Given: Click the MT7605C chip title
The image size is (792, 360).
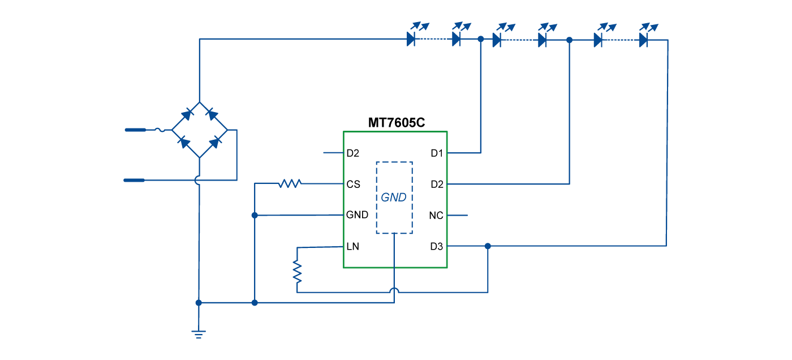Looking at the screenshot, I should tap(396, 122).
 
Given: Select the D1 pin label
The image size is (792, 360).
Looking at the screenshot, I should tap(437, 153).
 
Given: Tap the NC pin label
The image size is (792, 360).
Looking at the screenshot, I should tap(436, 216).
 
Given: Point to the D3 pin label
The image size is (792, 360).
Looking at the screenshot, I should tap(437, 246).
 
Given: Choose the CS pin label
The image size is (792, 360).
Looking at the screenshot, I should tap(353, 185).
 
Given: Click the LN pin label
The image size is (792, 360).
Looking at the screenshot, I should tap(352, 247).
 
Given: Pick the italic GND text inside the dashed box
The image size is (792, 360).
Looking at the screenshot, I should tap(394, 198).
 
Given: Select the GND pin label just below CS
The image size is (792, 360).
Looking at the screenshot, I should tap(357, 215).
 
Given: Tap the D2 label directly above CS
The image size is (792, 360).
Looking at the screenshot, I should tap(352, 153).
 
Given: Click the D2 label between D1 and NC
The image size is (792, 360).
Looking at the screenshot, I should tap(437, 185).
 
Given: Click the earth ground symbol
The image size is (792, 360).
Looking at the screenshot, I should tap(199, 334).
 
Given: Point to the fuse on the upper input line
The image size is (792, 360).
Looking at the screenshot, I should tap(160, 130).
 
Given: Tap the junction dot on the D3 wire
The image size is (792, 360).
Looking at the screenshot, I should tap(488, 246).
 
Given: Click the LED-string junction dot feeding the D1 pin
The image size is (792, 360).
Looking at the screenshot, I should tap(481, 40).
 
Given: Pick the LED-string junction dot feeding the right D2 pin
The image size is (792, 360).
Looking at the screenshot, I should tap(570, 40).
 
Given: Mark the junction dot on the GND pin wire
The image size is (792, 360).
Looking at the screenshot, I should tap(255, 215).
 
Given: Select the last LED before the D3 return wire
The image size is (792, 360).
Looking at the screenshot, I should tap(643, 40).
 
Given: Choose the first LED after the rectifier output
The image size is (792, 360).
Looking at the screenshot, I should tap(411, 40).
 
